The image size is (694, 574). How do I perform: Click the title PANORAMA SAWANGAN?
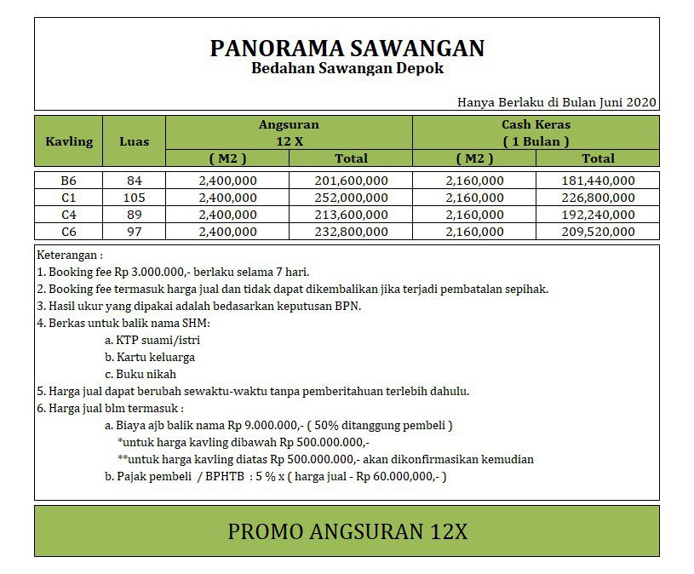pos(347,48)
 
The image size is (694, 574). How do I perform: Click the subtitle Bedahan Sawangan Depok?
pos(347,68)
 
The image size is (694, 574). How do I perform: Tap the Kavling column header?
pos(69,141)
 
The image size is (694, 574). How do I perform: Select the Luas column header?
pos(134,141)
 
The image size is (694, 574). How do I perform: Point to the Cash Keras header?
pos(536,124)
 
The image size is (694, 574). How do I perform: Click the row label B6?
pos(69,181)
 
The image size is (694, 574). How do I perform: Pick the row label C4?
pos(69,215)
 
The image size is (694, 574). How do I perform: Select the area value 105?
pos(134,198)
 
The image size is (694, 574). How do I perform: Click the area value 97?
pos(134,232)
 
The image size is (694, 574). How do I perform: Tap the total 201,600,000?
pos(351,181)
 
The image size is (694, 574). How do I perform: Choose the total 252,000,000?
pos(351,198)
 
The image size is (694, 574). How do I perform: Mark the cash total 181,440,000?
pos(598,181)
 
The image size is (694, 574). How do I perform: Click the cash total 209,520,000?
pos(598,232)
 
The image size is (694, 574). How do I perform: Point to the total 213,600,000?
pos(351,215)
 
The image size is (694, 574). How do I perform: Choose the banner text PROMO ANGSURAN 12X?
pos(347,531)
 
